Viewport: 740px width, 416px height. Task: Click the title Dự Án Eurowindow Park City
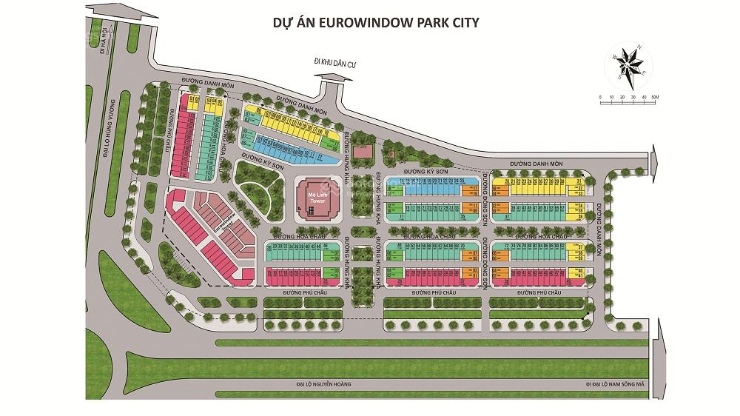tap(377, 22)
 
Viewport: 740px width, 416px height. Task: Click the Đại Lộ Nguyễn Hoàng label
tap(323, 385)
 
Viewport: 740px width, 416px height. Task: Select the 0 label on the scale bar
tap(601, 97)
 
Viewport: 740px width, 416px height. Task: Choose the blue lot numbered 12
tap(319, 157)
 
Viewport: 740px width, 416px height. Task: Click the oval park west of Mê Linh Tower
tap(258, 185)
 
